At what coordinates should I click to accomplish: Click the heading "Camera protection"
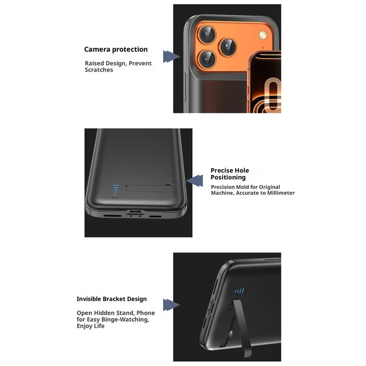pos(116,49)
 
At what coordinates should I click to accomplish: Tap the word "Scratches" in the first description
pos(99,70)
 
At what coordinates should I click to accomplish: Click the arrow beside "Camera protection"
pos(171,57)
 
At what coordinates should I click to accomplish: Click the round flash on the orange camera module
pos(263,35)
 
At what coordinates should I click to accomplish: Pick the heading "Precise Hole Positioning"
pos(236,174)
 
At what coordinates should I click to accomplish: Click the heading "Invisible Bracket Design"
pos(112,299)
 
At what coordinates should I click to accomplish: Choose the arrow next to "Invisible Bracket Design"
pos(170,305)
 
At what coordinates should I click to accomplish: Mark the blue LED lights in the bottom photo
pos(239,291)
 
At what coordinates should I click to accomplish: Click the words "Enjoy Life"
pos(91,326)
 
